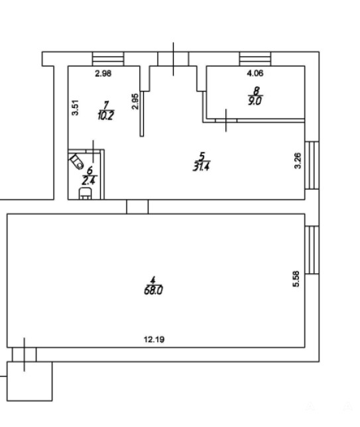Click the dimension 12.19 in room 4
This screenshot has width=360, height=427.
click(x=154, y=339)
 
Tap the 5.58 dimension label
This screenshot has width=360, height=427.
click(x=296, y=278)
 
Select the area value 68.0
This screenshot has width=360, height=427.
click(x=153, y=291)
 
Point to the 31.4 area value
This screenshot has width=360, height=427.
click(x=201, y=166)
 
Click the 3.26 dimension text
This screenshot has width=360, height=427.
click(x=298, y=161)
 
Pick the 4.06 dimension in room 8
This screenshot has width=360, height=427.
click(x=255, y=73)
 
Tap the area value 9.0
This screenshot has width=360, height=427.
click(x=255, y=101)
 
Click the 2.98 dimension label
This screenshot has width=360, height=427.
click(x=103, y=74)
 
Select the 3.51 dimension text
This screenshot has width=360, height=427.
click(x=75, y=108)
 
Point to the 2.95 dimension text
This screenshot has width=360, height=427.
click(x=135, y=101)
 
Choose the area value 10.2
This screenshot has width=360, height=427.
click(x=105, y=116)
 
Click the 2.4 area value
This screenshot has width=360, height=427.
click(x=89, y=180)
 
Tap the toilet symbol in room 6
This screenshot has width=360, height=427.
click(x=76, y=162)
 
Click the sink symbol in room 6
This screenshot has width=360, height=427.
click(x=85, y=194)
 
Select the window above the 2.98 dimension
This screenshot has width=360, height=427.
click(x=108, y=59)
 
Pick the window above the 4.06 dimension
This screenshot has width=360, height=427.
click(x=255, y=59)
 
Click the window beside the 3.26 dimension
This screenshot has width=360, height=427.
click(x=312, y=165)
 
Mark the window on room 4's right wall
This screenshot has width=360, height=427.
click(x=312, y=250)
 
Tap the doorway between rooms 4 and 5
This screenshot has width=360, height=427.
click(x=137, y=207)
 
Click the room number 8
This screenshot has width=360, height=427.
click(x=257, y=90)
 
